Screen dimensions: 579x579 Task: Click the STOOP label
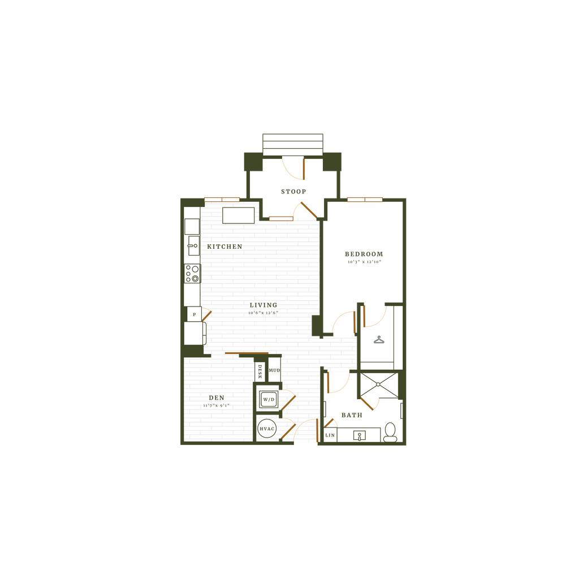click(x=293, y=192)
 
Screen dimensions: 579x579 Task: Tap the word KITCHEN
click(x=224, y=247)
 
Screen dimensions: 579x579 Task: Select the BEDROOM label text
click(x=364, y=254)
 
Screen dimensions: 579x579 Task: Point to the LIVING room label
click(x=263, y=305)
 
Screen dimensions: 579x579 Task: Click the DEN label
click(x=217, y=397)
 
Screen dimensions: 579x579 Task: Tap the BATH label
click(x=352, y=415)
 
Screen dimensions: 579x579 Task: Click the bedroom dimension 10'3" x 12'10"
click(x=365, y=262)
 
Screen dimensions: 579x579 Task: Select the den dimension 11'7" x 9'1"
click(x=217, y=405)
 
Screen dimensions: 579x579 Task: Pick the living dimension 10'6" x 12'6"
click(x=263, y=313)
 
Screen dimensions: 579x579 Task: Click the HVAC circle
click(x=267, y=429)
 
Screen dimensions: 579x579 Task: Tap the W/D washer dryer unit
click(x=269, y=399)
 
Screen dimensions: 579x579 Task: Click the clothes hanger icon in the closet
click(x=379, y=340)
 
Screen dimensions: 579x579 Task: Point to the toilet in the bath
click(x=390, y=433)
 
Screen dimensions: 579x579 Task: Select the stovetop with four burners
click(x=192, y=273)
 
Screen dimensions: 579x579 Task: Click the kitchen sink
click(x=193, y=245)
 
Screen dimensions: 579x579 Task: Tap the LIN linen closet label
click(x=330, y=435)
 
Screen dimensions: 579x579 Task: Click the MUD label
click(x=274, y=370)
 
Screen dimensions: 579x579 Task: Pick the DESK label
click(x=260, y=371)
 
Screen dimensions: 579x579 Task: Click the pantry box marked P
click(x=195, y=314)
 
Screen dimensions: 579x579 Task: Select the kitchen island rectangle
click(x=239, y=215)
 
